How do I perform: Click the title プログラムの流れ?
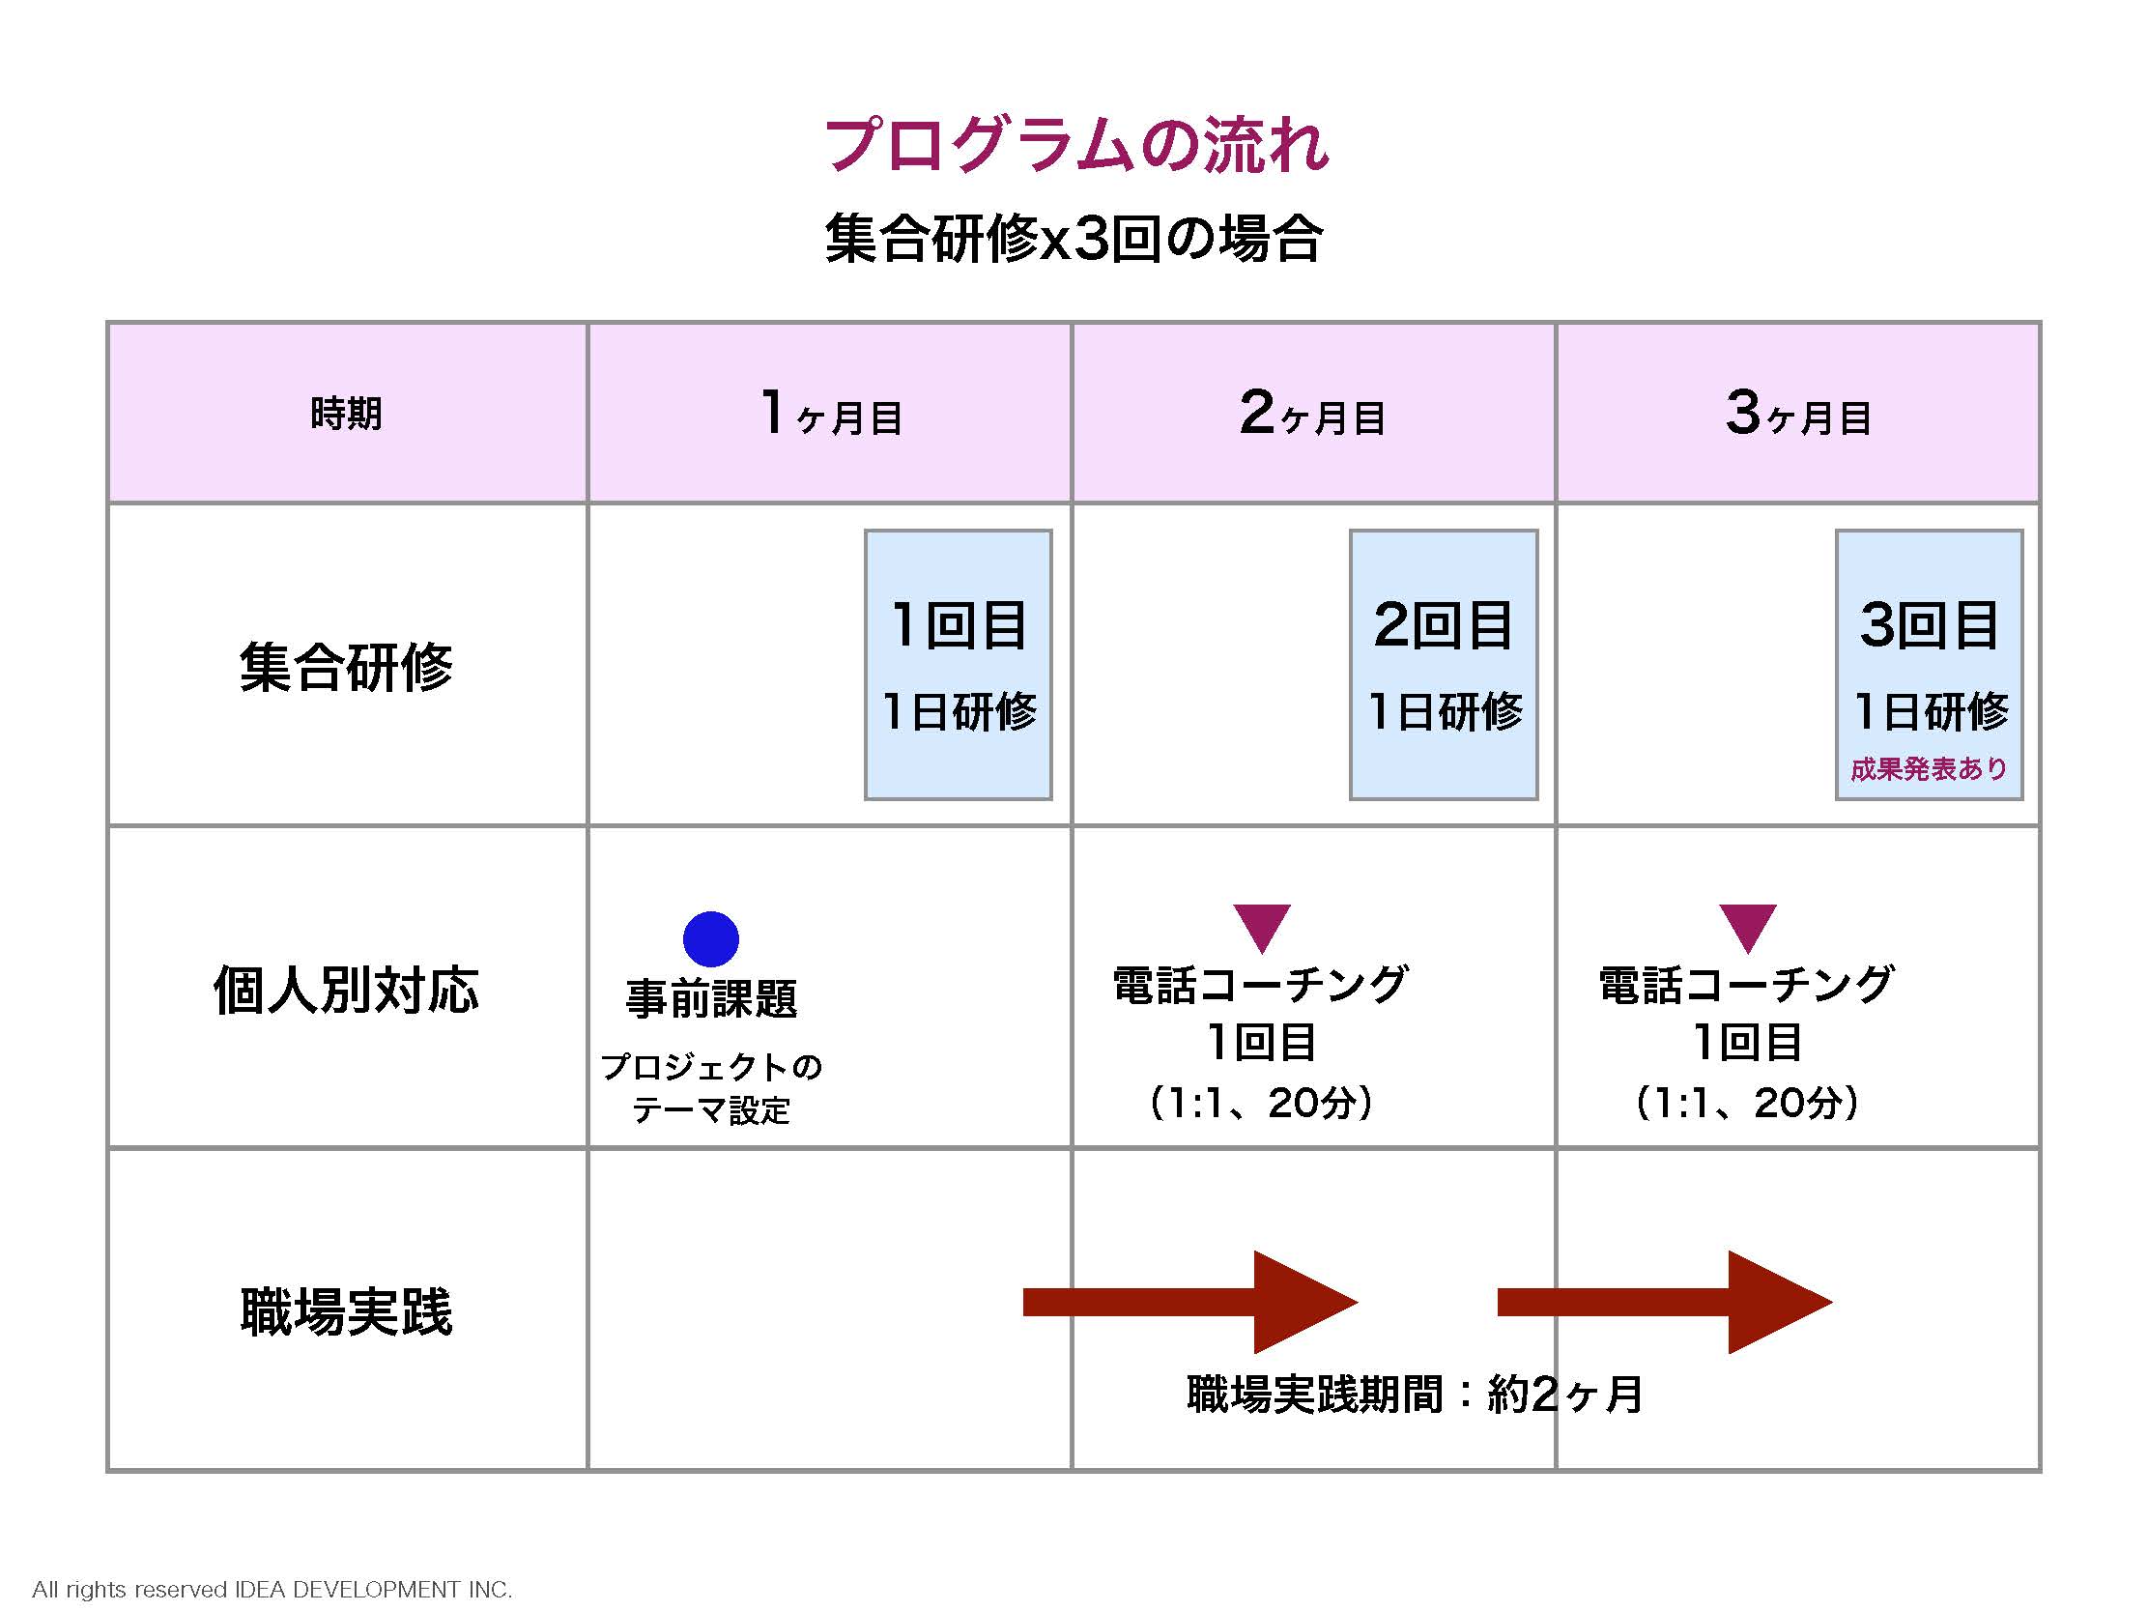pyautogui.click(x=1076, y=146)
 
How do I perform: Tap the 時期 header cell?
pyautogui.click(x=347, y=414)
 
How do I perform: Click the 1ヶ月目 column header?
pyautogui.click(x=831, y=413)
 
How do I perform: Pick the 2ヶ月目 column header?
pyautogui.click(x=1313, y=413)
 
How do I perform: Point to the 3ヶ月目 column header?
pyautogui.click(x=1798, y=413)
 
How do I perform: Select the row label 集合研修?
pyautogui.click(x=347, y=667)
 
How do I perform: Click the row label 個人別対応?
pyautogui.click(x=347, y=990)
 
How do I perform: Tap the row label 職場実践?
pyautogui.click(x=347, y=1312)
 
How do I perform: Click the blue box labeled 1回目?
pyautogui.click(x=959, y=665)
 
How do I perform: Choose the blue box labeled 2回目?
pyautogui.click(x=1444, y=665)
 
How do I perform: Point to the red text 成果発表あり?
pyautogui.click(x=1930, y=769)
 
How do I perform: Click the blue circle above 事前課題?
pyautogui.click(x=711, y=939)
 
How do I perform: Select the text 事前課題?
pyautogui.click(x=712, y=998)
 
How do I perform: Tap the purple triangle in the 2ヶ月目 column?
pyautogui.click(x=1262, y=928)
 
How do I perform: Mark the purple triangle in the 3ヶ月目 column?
pyautogui.click(x=1748, y=928)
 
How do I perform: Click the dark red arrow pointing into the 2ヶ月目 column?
pyautogui.click(x=1190, y=1302)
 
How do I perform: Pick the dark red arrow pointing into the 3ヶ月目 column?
pyautogui.click(x=1666, y=1302)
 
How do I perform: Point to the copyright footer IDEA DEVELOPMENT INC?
pyautogui.click(x=374, y=1590)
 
